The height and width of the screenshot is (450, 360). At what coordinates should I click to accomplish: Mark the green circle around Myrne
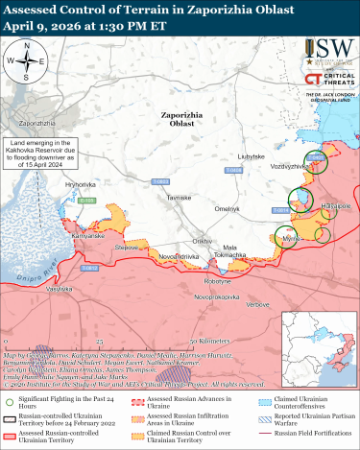[286, 237]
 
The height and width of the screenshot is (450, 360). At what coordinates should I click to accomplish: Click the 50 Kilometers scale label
[210, 341]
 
